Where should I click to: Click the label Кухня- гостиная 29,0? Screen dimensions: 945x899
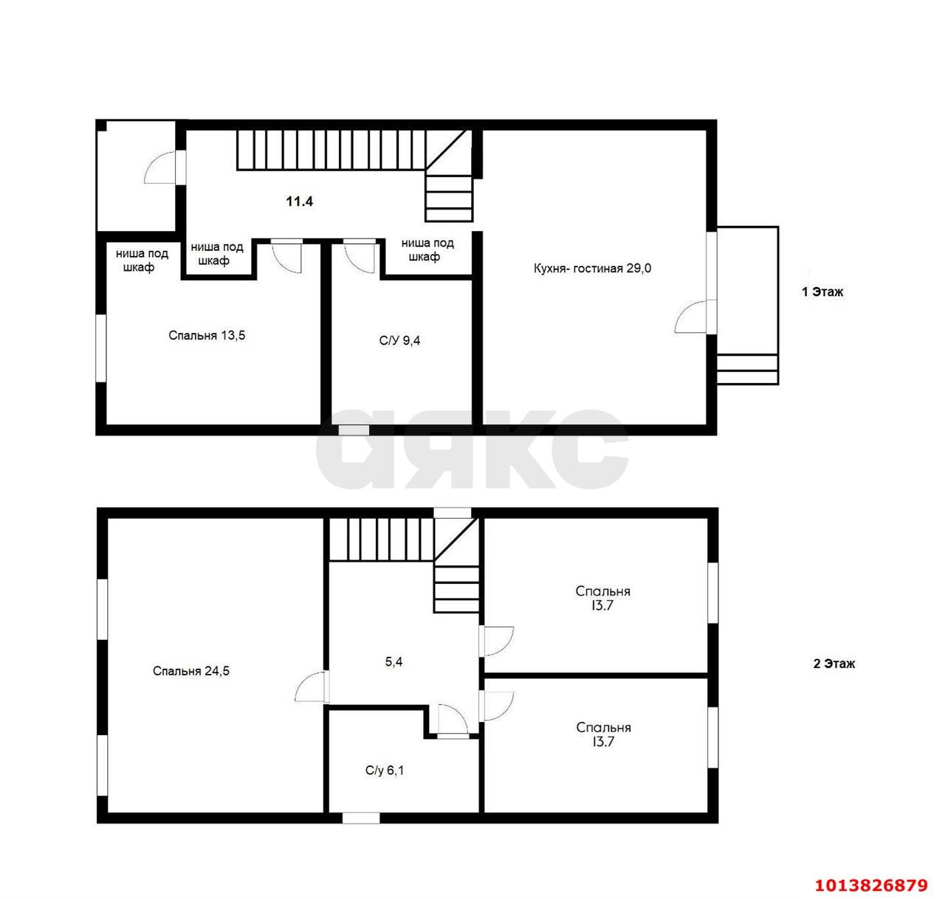(x=591, y=268)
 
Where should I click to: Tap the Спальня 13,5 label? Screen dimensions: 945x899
(x=207, y=335)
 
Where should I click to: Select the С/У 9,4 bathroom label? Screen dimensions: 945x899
(x=399, y=340)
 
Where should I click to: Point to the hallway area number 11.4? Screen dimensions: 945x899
(x=300, y=201)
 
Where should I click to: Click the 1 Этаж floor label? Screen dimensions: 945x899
(x=822, y=292)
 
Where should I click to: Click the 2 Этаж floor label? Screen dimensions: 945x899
(x=834, y=664)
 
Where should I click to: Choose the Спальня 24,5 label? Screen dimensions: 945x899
(x=190, y=671)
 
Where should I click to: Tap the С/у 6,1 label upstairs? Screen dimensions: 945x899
(x=385, y=770)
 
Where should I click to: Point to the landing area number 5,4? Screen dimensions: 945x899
(x=394, y=661)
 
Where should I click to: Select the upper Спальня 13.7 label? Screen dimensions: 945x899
(x=602, y=598)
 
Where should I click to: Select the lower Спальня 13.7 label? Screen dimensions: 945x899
(x=603, y=734)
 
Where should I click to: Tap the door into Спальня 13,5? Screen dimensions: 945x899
(x=286, y=257)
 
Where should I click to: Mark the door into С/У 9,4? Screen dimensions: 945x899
(x=359, y=257)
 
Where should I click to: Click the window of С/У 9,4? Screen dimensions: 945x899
(x=354, y=430)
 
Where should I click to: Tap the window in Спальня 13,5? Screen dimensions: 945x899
(x=101, y=348)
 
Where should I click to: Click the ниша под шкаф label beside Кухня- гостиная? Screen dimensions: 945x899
(x=427, y=250)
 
